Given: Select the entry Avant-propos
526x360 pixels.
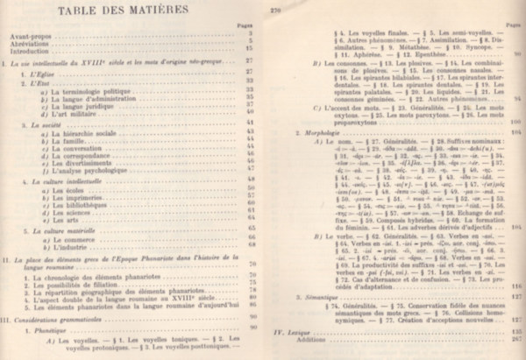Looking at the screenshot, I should click(25, 35).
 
